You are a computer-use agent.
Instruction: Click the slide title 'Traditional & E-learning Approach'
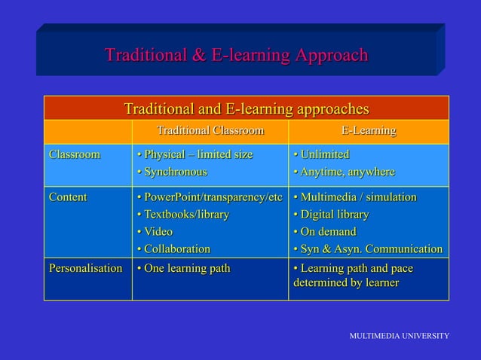click(x=236, y=56)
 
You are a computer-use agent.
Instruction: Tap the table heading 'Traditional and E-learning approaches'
click(x=246, y=108)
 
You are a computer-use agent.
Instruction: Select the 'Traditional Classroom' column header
click(x=210, y=131)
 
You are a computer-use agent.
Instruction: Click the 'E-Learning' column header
click(x=368, y=131)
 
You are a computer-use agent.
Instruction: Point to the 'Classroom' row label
click(x=74, y=154)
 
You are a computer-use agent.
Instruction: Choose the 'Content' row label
click(x=67, y=197)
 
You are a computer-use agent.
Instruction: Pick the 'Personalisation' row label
click(x=85, y=268)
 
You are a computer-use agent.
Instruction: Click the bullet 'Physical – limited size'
click(x=195, y=154)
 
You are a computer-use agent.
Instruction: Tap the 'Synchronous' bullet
click(x=171, y=172)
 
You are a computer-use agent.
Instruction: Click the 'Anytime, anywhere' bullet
click(x=344, y=172)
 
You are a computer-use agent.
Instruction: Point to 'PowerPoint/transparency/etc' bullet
click(x=209, y=197)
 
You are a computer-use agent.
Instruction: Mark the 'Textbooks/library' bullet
click(x=182, y=215)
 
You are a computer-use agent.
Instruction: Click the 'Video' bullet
click(x=155, y=231)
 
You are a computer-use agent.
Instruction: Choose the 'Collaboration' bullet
click(x=173, y=249)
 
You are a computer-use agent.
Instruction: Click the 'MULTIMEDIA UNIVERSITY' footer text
click(x=399, y=334)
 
